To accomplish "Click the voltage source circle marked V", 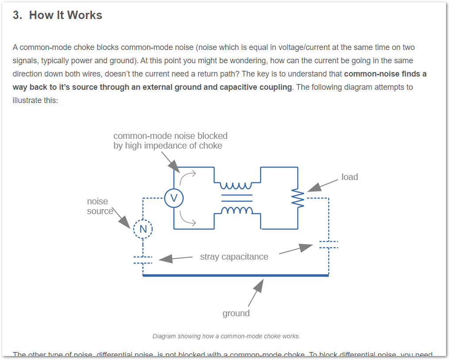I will point(174,198).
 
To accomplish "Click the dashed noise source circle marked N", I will point(143,229).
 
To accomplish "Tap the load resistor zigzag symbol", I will point(298,198).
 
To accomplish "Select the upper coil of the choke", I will point(237,185).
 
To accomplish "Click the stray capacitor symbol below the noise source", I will point(143,260).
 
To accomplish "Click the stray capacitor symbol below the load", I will point(328,245).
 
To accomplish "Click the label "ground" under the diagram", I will point(236,313).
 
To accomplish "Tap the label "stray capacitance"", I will point(234,257).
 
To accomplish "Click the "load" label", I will point(350,177).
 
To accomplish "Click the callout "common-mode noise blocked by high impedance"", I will point(170,140).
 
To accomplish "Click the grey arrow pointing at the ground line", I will point(256,292).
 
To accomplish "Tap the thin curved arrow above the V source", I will point(188,176).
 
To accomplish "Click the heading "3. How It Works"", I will point(58,15).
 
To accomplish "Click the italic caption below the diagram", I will point(226,336).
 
